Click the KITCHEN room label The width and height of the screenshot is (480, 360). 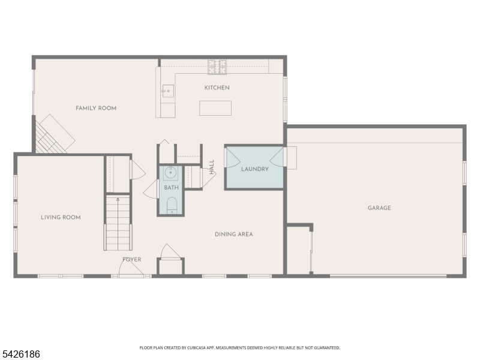click(217, 88)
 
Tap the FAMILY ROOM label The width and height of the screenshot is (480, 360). click(96, 108)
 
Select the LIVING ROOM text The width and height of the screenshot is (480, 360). click(61, 217)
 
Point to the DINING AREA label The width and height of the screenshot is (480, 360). click(233, 235)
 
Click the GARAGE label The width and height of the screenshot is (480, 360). click(379, 208)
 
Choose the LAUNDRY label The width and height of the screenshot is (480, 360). click(254, 169)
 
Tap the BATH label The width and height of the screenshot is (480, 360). click(171, 188)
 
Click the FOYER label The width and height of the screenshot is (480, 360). click(131, 260)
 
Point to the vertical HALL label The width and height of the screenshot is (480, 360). click(212, 167)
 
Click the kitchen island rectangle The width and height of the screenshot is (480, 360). click(215, 108)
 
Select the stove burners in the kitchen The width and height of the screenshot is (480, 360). click(217, 67)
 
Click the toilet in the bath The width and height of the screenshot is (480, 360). click(172, 205)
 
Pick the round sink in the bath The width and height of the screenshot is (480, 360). click(170, 173)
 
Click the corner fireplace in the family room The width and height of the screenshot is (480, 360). click(55, 134)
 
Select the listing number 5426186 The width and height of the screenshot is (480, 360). click(20, 354)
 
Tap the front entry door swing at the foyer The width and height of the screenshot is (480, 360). click(131, 267)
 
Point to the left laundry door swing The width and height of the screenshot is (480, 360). click(233, 158)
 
